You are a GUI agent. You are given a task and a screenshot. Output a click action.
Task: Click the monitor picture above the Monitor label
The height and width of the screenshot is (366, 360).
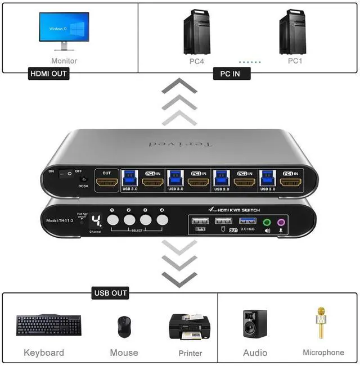coord(64,30)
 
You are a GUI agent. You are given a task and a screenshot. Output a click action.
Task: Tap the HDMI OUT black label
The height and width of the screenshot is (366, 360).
coord(48,74)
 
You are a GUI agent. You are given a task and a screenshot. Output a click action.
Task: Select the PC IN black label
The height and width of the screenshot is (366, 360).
coord(231,74)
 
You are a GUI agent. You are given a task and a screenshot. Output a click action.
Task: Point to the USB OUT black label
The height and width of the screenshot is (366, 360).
coord(111,293)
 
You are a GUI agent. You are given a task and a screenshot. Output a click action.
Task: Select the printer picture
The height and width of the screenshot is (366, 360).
coord(190,326)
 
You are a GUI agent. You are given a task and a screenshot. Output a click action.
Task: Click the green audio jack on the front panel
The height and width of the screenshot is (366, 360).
coord(268,222)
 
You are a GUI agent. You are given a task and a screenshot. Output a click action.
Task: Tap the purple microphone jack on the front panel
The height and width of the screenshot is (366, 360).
coord(280,222)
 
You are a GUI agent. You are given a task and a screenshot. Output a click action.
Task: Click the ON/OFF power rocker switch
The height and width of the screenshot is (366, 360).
coord(66,173)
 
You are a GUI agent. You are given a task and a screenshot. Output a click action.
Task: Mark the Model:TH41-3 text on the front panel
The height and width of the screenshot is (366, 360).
coord(61,220)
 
